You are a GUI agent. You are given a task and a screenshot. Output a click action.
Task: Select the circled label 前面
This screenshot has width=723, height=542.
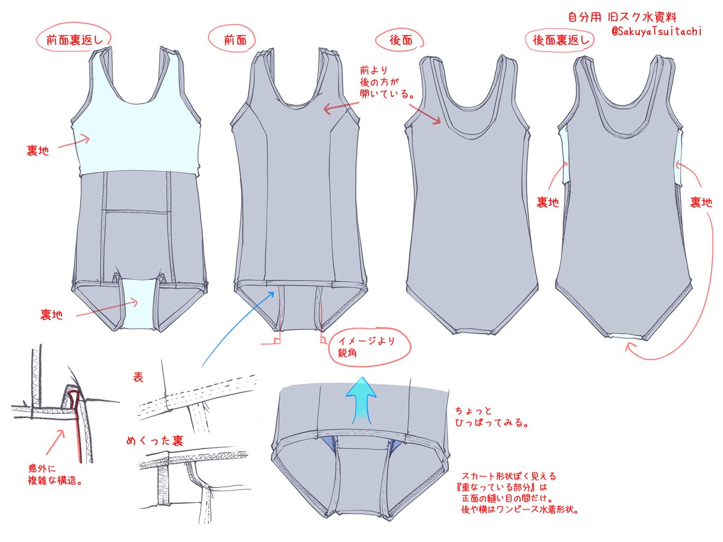(233, 40)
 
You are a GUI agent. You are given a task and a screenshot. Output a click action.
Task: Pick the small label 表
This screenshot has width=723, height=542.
(138, 378)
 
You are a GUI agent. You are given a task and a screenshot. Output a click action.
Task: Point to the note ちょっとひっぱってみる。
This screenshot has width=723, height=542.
(493, 417)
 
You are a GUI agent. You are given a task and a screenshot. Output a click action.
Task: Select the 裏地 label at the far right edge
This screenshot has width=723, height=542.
(701, 203)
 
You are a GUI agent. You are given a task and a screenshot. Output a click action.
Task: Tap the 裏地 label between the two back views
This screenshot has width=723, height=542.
(548, 203)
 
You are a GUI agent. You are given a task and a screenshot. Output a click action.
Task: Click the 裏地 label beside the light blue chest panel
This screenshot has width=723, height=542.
(38, 150)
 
